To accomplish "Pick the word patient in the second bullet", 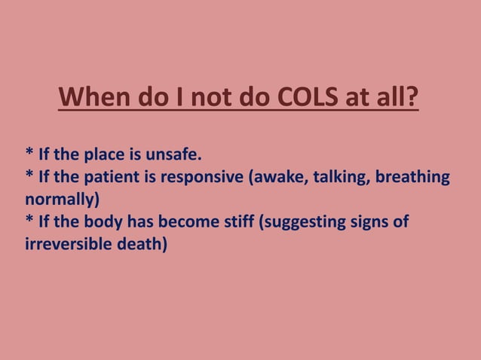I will coord(113,178).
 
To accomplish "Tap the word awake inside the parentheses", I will coord(287,178).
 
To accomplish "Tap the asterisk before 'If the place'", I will coord(29,154).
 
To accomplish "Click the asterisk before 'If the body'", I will coord(29,221).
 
